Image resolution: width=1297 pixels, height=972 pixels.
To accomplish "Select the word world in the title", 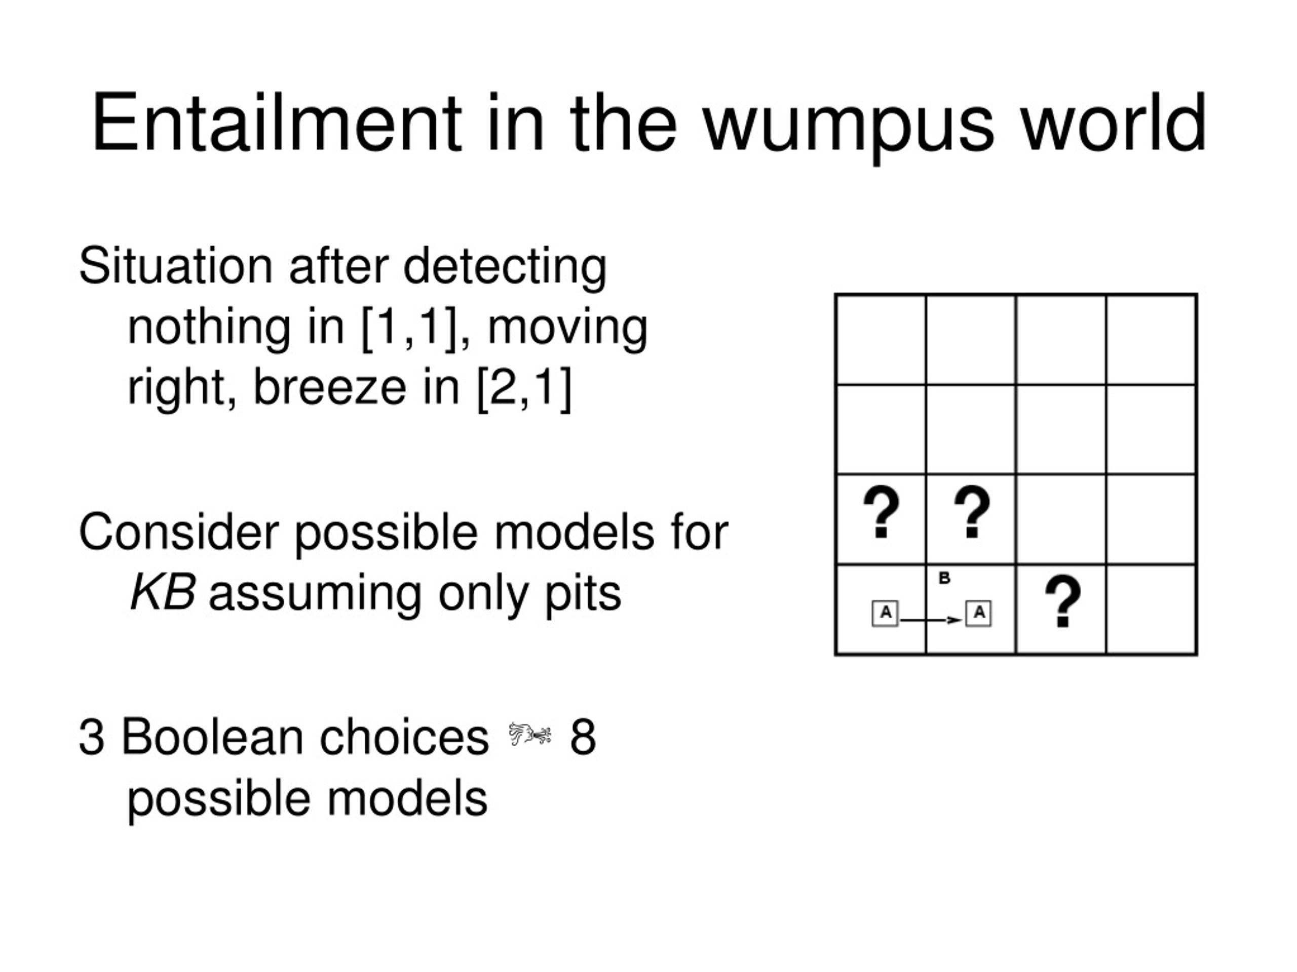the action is (x=1114, y=123).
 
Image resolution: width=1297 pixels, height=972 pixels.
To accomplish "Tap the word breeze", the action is (x=329, y=387).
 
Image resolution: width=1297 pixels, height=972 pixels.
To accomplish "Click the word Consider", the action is (x=178, y=532).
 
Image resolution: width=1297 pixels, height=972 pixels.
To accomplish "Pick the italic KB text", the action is (x=163, y=593).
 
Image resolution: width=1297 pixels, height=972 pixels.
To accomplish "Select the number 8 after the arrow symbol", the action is (x=583, y=738).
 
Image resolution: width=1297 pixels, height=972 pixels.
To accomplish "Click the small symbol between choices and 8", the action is (x=529, y=735).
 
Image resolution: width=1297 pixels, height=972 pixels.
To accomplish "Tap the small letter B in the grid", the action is (x=944, y=578).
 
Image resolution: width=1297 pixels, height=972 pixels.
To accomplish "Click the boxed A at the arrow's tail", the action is (x=885, y=614).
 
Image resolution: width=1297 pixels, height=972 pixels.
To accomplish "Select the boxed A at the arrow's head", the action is (x=978, y=614).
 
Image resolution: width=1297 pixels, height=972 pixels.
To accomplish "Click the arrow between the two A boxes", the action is (x=931, y=620).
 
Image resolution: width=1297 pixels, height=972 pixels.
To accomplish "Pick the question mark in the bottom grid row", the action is (x=1062, y=601).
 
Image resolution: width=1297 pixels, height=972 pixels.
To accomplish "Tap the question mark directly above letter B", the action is (x=972, y=511).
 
